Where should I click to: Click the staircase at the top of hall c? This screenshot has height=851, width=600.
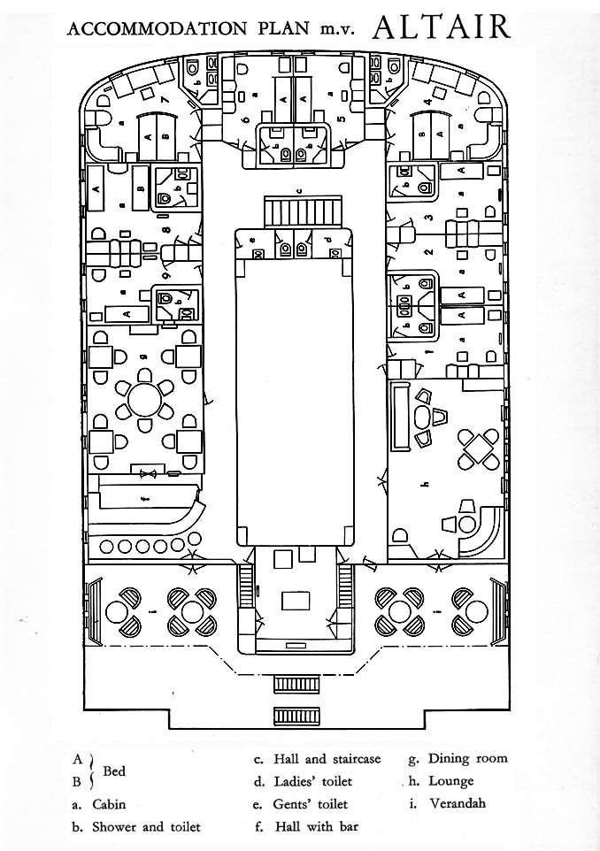(x=300, y=212)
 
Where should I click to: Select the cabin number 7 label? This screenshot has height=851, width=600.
(x=165, y=100)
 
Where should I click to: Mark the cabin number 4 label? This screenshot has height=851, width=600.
(x=428, y=102)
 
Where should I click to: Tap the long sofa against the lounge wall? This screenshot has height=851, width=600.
(x=400, y=414)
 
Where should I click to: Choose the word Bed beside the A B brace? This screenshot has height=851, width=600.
(x=114, y=771)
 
